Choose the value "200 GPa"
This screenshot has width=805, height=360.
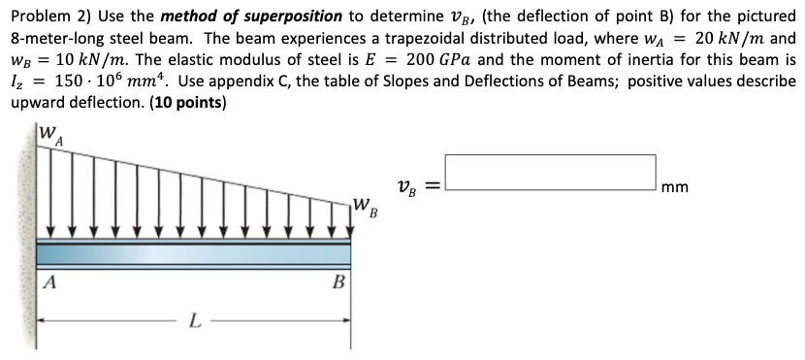[x=446, y=60]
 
